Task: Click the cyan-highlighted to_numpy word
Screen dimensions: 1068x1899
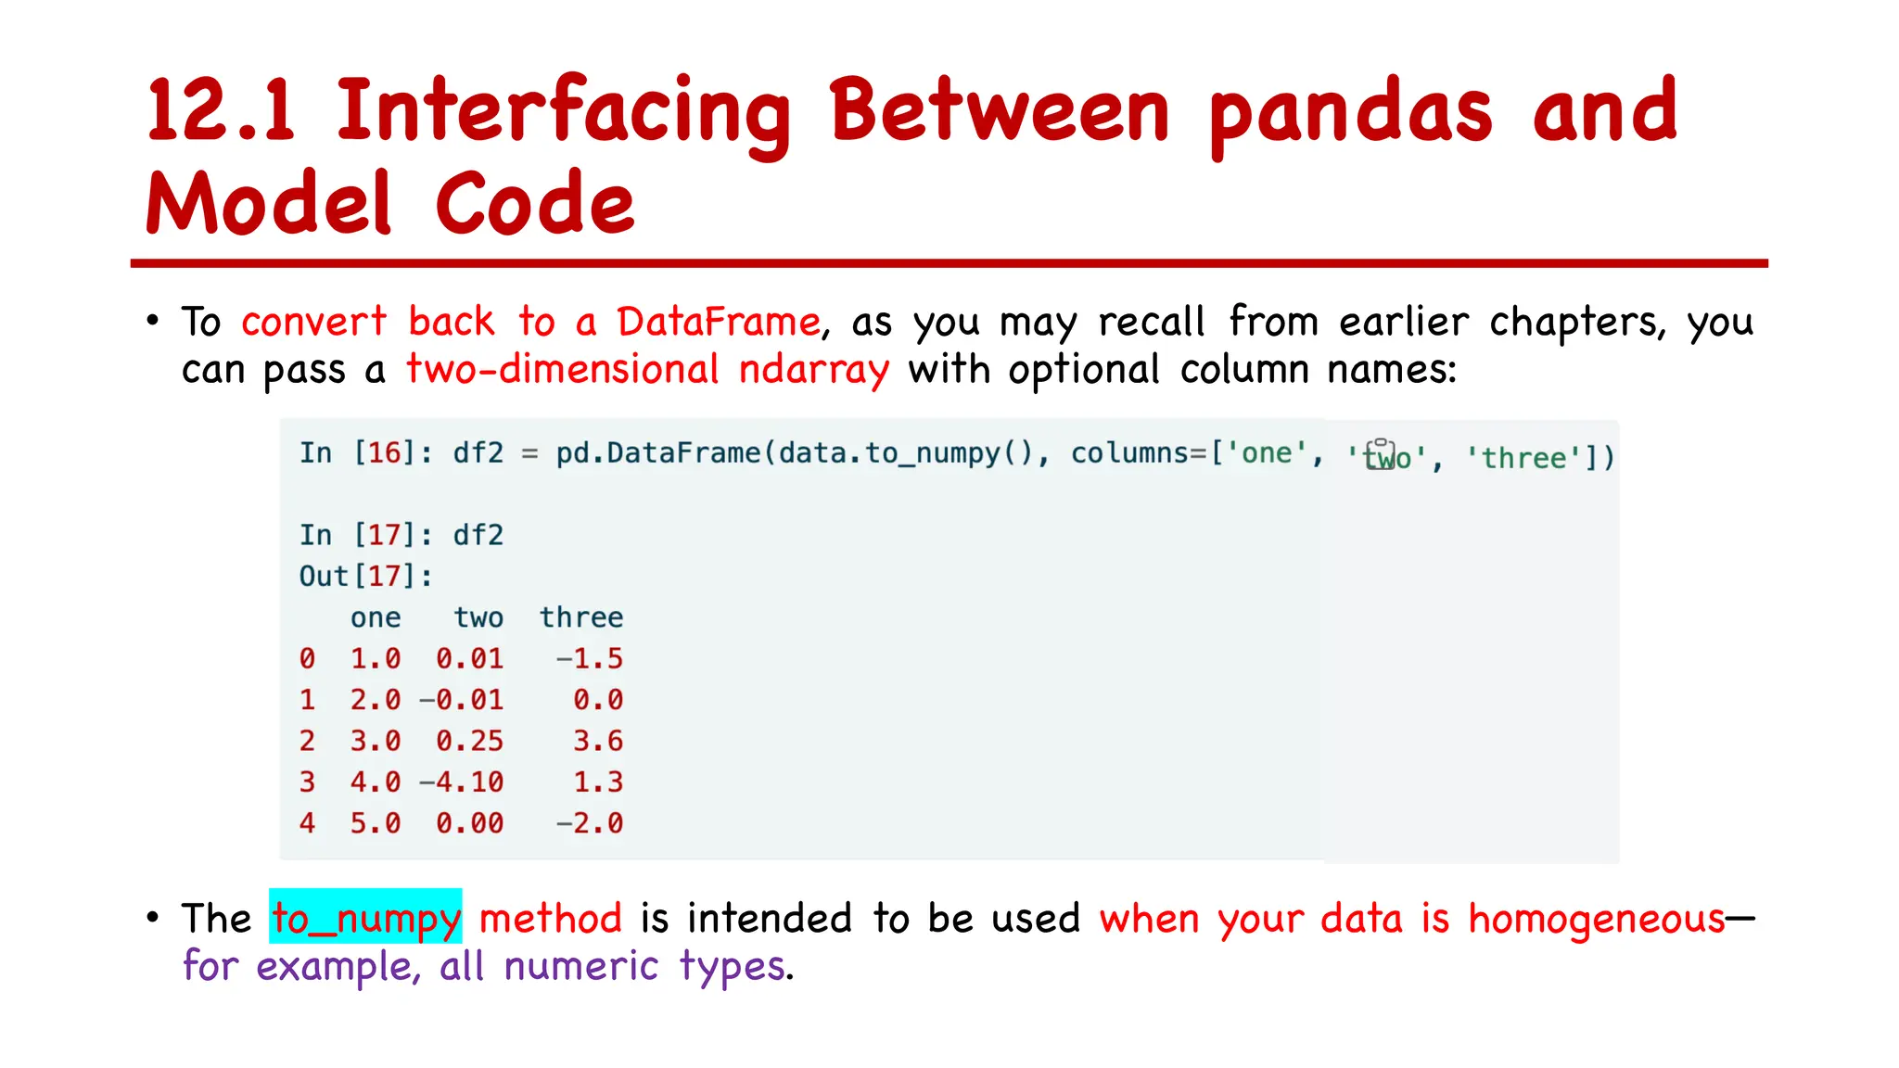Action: (365, 918)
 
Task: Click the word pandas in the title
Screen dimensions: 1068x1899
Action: (1350, 113)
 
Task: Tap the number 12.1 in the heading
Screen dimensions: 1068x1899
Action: (221, 111)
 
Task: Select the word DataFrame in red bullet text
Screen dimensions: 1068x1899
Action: (719, 322)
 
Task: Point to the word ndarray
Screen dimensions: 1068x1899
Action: (813, 369)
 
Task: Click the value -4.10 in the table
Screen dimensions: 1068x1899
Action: (462, 782)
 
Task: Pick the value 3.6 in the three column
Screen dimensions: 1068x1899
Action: (598, 741)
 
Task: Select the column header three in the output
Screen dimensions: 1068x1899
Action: (581, 617)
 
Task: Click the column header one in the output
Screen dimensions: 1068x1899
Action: (376, 617)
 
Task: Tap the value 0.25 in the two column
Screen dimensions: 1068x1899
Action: (470, 741)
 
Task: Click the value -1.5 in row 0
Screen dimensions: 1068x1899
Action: (590, 658)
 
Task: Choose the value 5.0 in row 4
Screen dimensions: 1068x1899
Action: (376, 823)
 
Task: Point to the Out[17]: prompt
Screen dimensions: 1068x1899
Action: (365, 577)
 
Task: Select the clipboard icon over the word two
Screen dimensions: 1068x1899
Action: (1380, 453)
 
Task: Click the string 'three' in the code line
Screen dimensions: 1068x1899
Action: (1523, 458)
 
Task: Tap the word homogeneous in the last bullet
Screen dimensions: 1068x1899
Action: (1597, 919)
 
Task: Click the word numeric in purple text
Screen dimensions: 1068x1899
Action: (581, 966)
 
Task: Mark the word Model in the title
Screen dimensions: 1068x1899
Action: (269, 204)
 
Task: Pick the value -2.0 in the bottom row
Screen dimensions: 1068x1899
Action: (590, 823)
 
